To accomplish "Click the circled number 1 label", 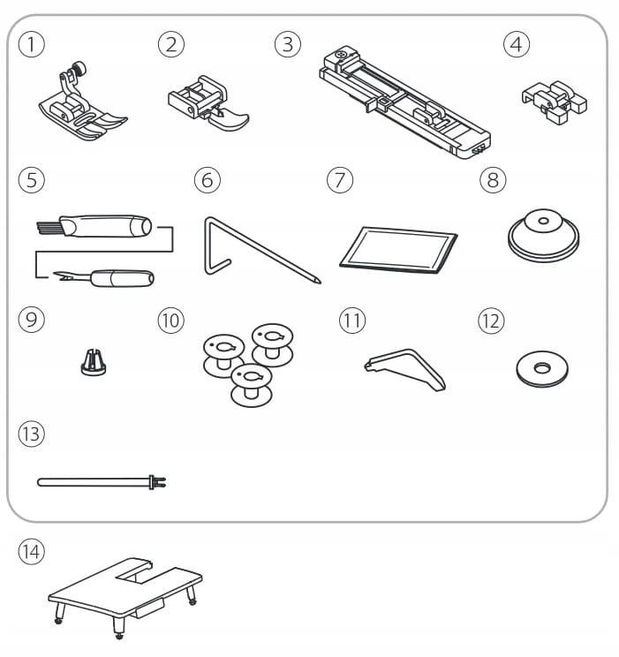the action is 32,44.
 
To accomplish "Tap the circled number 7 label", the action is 340,180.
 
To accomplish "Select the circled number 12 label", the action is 491,321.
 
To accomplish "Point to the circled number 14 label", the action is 32,551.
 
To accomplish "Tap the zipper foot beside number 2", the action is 208,103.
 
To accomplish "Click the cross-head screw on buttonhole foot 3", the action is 343,54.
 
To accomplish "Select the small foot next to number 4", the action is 554,102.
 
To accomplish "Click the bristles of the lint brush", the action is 49,228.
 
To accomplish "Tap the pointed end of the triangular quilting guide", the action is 318,281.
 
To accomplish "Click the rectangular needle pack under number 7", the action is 398,250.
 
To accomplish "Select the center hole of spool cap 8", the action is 543,221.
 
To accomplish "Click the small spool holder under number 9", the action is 94,362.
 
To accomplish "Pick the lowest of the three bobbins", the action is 252,385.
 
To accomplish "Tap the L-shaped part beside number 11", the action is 404,369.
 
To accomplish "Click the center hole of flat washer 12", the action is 542,368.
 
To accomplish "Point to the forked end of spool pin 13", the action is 159,482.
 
